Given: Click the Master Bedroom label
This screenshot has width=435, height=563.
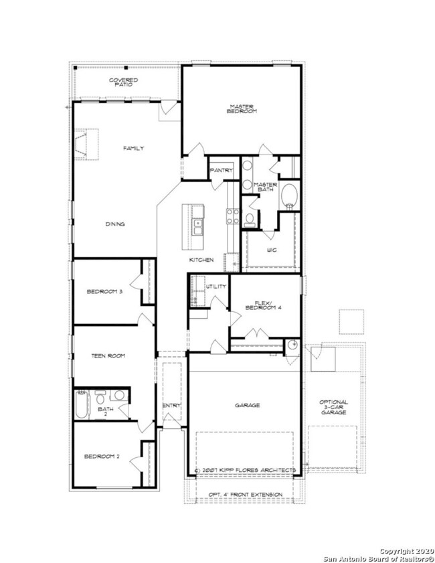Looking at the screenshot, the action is [242, 109].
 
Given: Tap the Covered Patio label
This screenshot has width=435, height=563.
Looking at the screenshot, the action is [123, 82].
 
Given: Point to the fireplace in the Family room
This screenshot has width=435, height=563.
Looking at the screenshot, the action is [81, 145].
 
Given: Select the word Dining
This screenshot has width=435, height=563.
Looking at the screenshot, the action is [115, 224].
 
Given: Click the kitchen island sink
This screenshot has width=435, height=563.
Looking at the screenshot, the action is [197, 227].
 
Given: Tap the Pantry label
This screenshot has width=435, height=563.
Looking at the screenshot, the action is [221, 170].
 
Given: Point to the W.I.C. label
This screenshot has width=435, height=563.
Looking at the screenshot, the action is [272, 250].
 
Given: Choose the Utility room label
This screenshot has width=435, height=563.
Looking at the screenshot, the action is [216, 286].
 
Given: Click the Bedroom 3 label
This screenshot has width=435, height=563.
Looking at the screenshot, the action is [104, 292].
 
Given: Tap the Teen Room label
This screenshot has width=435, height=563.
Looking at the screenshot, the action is [108, 356].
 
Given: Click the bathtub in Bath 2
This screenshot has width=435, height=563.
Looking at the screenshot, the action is [82, 404].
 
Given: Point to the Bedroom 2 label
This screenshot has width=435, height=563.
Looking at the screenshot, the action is [102, 457].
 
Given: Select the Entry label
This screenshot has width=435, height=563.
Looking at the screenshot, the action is [171, 406].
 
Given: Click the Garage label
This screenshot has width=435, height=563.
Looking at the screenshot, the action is [248, 406].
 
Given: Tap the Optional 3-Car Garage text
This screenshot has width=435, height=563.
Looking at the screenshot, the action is [333, 407].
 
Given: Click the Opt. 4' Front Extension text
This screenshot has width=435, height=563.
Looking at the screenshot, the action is [246, 495].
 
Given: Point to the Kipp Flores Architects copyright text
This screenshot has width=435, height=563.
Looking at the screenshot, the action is [245, 470].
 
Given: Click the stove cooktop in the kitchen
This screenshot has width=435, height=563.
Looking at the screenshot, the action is [233, 216].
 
